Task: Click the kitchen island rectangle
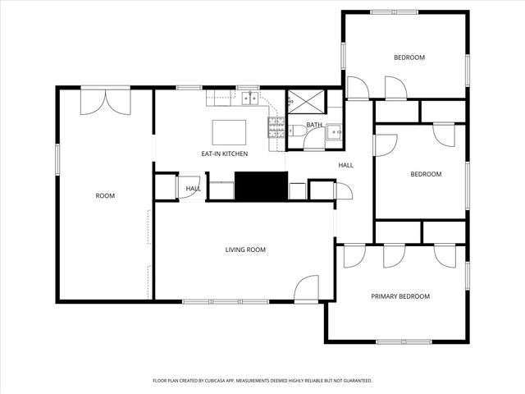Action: point(230,132)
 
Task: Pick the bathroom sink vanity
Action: point(333,131)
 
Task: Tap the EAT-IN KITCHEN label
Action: point(225,153)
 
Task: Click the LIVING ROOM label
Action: point(245,250)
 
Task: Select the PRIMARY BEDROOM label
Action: point(400,296)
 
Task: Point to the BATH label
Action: point(314,126)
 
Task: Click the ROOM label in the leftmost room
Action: point(105,195)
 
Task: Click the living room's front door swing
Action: point(306,287)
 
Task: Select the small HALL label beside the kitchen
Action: point(193,189)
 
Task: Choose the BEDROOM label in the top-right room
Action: point(409,57)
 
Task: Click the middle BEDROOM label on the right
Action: point(426,174)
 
